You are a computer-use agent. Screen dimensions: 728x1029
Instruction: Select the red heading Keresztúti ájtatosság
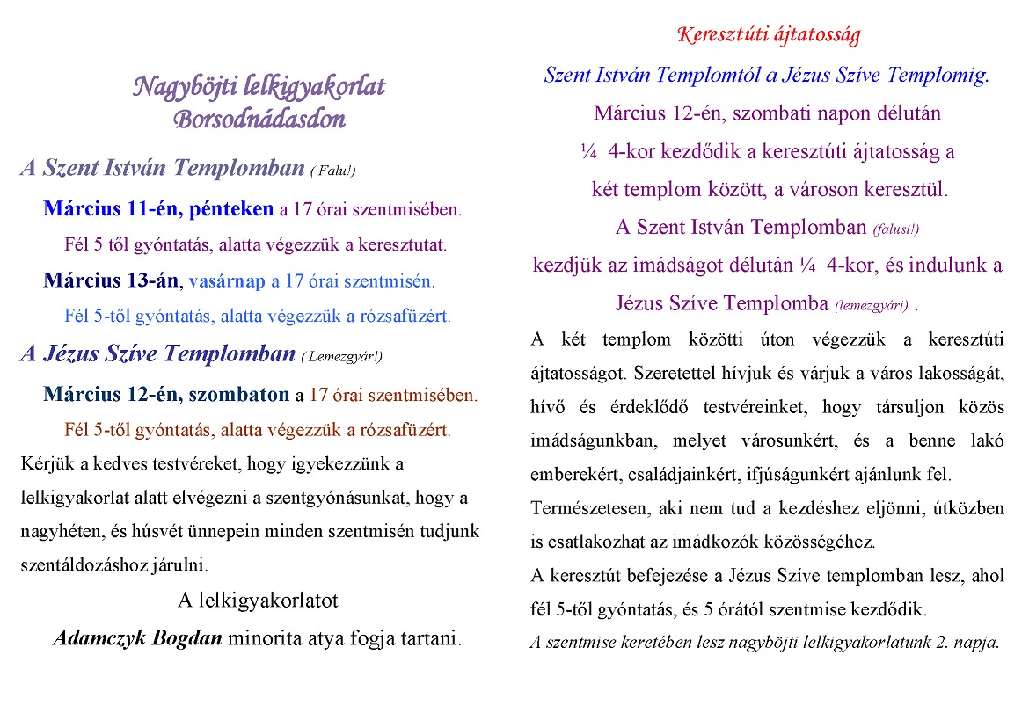click(x=769, y=35)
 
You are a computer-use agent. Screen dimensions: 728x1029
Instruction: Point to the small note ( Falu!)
click(x=332, y=171)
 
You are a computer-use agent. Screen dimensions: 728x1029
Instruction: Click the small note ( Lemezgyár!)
click(x=342, y=356)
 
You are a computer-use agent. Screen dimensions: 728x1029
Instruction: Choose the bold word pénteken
click(x=231, y=209)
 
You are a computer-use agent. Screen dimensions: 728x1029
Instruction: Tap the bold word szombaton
click(x=238, y=395)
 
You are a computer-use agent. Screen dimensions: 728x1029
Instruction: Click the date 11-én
click(x=150, y=209)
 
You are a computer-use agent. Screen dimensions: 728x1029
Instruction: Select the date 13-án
click(x=150, y=281)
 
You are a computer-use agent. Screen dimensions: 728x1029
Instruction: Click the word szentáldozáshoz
click(x=84, y=564)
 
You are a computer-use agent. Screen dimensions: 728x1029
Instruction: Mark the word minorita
click(x=261, y=638)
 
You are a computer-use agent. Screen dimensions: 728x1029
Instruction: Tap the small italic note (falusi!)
click(x=895, y=229)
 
